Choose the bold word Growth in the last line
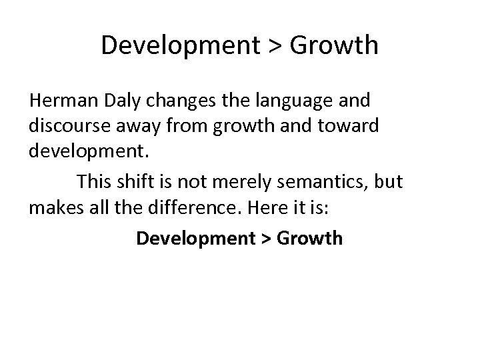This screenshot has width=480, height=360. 309,238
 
